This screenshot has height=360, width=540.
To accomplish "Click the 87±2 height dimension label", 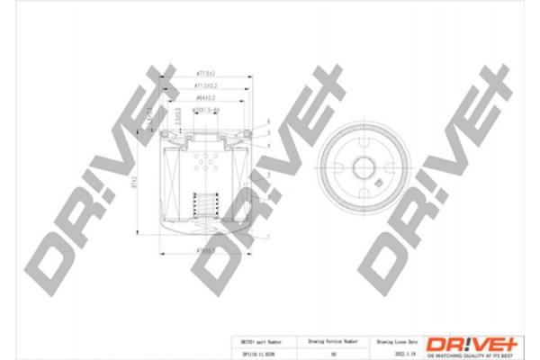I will [133, 181].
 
